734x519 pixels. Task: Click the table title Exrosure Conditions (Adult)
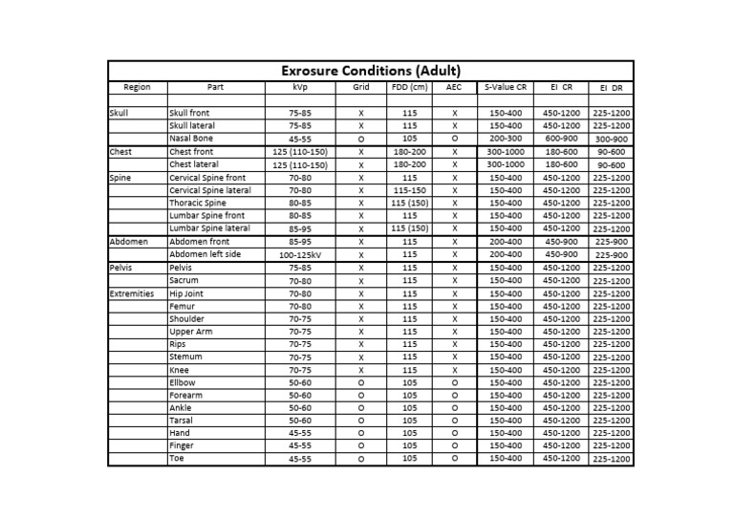point(370,71)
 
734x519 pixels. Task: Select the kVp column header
point(300,87)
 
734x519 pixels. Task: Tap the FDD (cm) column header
point(409,87)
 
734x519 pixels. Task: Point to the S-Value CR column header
point(506,87)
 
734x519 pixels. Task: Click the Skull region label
point(119,113)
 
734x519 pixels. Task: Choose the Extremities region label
point(132,293)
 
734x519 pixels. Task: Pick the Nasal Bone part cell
point(190,139)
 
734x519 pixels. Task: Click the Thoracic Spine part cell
point(197,203)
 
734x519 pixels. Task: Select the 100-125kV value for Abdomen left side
point(300,255)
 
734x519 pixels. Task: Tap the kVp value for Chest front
point(300,152)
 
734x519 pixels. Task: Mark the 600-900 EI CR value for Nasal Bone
point(561,139)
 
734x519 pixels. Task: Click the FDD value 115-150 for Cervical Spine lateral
point(409,190)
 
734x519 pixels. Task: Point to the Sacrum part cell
point(184,281)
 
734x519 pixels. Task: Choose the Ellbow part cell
point(182,382)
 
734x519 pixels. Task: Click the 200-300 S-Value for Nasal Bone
point(506,139)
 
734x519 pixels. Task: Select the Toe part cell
point(177,459)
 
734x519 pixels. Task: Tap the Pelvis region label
point(121,269)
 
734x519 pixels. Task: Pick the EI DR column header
point(611,88)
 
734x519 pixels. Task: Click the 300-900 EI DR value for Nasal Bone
point(611,139)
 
